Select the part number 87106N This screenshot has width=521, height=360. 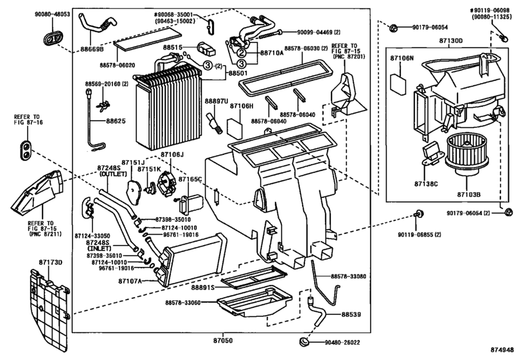pos(403,59)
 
